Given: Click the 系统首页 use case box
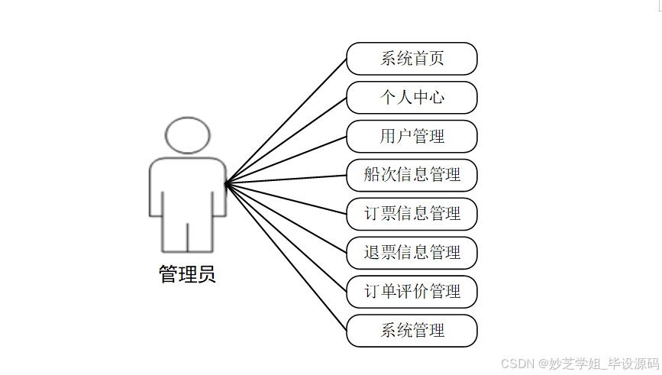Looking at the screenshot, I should (412, 59).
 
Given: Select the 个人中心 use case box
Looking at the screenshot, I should (412, 98).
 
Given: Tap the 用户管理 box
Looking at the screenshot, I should (412, 137).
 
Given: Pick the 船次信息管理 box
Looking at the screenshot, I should (412, 175).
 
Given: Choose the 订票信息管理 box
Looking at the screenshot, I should (412, 214).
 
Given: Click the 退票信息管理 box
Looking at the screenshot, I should (412, 253).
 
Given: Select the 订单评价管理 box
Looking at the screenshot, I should (412, 292).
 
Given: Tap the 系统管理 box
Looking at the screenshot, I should (412, 331).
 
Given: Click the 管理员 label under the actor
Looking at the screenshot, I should (187, 274).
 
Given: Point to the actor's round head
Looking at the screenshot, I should (187, 135).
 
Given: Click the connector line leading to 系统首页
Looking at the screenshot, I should (286, 121).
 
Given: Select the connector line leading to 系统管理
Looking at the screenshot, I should (286, 257).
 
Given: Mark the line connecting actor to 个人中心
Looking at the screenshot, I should (286, 141).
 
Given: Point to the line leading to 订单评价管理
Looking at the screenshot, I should (286, 238).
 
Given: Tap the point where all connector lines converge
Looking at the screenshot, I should (226, 183).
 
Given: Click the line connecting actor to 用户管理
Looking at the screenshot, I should (286, 160).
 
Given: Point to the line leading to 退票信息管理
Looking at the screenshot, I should (286, 218).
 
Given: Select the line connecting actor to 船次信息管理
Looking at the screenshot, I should (286, 179).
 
